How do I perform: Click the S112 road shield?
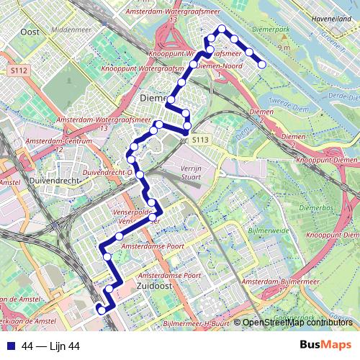(x=19, y=71)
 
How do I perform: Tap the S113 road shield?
(x=200, y=140)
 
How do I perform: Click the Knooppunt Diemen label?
(x=326, y=160)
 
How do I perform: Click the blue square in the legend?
(x=9, y=346)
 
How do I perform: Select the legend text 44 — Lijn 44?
(x=50, y=346)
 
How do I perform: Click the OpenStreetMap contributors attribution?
(x=297, y=323)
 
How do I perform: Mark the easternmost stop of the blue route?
(x=262, y=65)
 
